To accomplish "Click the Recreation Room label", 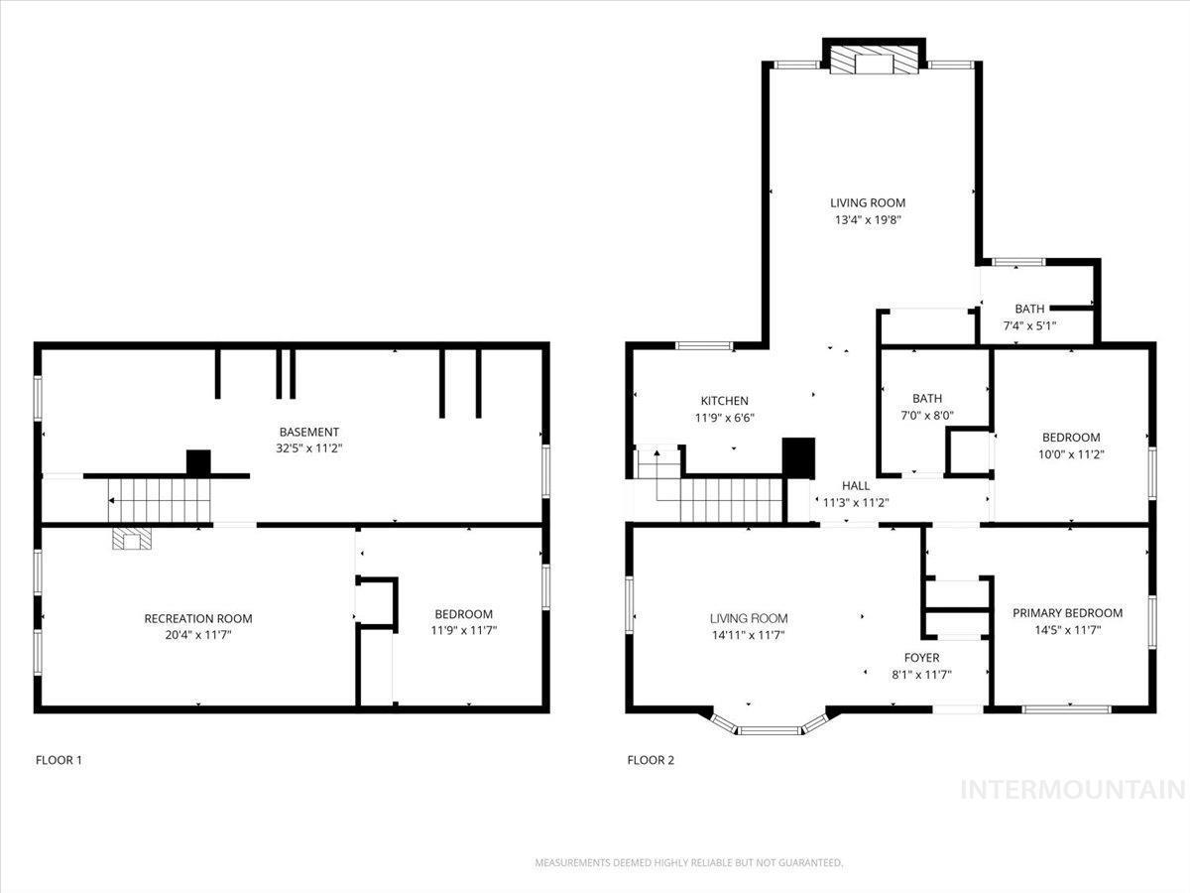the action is pos(198,618).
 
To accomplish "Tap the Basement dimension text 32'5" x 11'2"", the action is pos(309,448).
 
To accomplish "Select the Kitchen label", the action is pos(724,401).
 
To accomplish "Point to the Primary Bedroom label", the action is pos(1067,612).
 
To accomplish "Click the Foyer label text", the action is pos(921,658).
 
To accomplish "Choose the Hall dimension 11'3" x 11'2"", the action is pos(856,503).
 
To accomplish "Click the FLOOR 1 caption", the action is pos(59,760).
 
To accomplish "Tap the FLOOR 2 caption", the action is pos(651,760).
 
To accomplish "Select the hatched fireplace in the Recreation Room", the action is pos(132,539).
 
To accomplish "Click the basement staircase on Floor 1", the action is pos(159,500).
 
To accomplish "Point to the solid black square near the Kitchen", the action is pos(798,457).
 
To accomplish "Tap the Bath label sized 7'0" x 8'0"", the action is pos(927,399).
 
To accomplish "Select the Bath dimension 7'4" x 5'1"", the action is pos(1029,325).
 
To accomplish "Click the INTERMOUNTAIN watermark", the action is pos(1073,790).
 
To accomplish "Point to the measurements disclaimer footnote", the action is pos(689,862).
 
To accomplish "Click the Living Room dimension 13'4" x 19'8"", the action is pos(868,219).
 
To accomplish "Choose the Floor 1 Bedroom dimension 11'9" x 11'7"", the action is pos(464,630).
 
